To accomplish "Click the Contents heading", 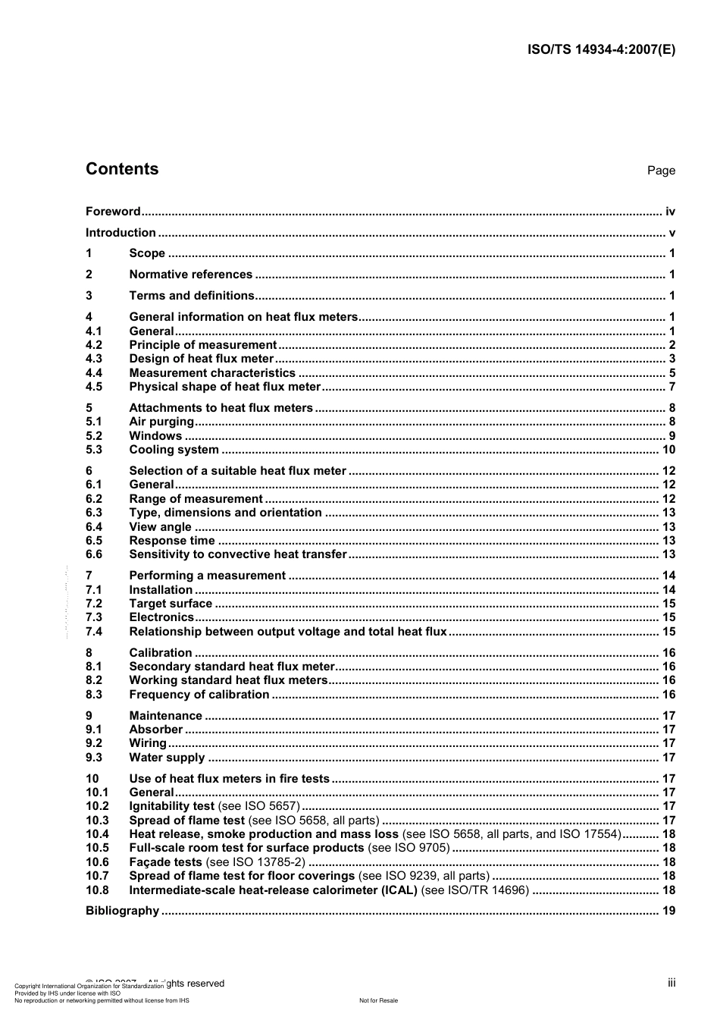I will click(122, 169).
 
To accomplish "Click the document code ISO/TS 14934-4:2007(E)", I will click(601, 50).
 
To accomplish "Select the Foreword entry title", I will click(113, 212).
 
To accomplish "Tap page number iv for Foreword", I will click(670, 212).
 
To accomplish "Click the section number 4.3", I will click(94, 359).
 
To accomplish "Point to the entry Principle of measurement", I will click(202, 345).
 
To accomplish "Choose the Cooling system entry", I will click(174, 450).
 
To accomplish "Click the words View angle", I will click(160, 527).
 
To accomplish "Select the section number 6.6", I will click(94, 554).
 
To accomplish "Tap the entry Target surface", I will click(171, 604).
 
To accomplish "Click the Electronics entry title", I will click(161, 617).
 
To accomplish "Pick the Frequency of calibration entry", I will click(199, 695).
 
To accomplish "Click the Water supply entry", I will click(167, 758).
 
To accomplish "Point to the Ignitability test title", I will click(171, 806).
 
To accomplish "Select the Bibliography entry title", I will click(122, 911).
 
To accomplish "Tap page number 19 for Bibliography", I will click(668, 911).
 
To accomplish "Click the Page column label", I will click(661, 171).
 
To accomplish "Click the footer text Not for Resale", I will click(378, 1000).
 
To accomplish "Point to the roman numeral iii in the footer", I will click(671, 983).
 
